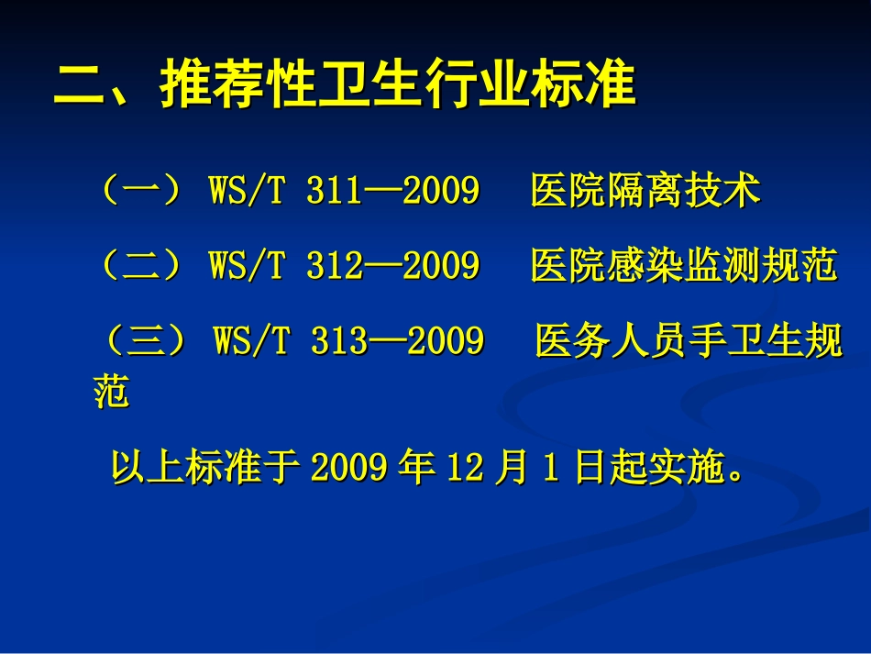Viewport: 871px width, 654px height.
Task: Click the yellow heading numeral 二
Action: click(x=80, y=86)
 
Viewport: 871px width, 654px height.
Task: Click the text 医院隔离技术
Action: click(x=645, y=192)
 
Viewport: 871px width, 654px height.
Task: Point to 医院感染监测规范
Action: click(x=684, y=266)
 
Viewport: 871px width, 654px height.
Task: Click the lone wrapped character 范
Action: click(x=111, y=392)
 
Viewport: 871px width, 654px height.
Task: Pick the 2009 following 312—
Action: click(x=441, y=266)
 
